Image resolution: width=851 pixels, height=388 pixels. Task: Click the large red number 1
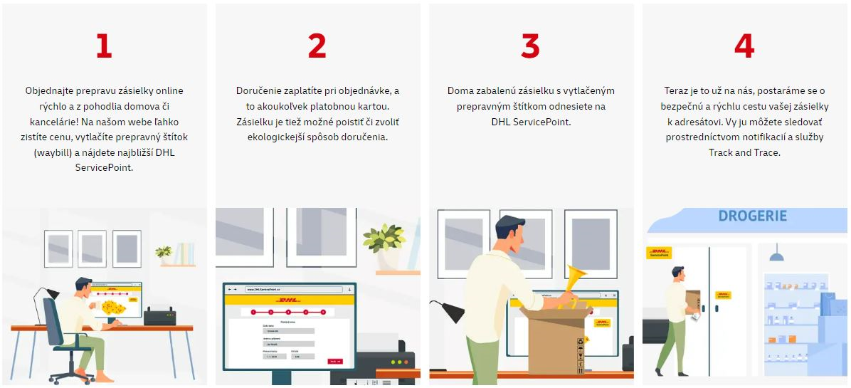[104, 46]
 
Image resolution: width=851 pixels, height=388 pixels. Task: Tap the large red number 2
[317, 46]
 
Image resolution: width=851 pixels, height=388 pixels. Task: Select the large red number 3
[530, 46]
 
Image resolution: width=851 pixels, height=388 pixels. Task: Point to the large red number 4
[744, 46]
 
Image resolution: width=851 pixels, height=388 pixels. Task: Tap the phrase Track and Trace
[744, 152]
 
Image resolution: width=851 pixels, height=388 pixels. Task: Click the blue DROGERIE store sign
[752, 216]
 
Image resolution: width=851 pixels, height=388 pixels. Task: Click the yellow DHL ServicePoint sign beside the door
[659, 253]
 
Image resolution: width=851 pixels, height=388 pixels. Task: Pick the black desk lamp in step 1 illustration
[45, 297]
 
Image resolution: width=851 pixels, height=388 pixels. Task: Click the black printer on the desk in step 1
[160, 315]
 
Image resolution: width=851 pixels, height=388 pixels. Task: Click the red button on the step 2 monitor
[334, 361]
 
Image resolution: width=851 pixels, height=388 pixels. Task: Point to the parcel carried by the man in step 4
[692, 298]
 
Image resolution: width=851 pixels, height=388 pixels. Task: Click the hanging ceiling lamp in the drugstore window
[777, 254]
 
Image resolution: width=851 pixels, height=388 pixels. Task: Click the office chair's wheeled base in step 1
[72, 374]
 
